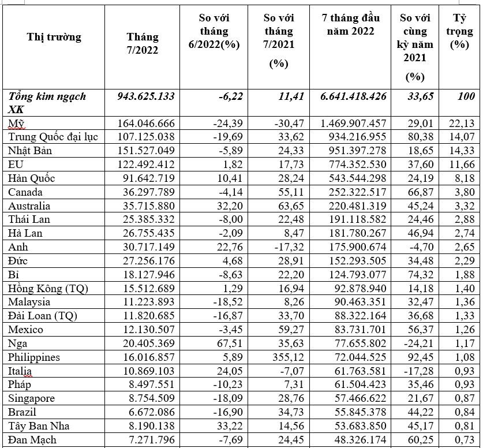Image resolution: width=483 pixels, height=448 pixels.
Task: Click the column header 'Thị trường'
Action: tap(54, 38)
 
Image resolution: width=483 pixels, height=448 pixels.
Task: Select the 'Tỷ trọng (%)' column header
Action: tap(459, 31)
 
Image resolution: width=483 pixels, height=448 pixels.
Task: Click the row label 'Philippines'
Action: tap(34, 357)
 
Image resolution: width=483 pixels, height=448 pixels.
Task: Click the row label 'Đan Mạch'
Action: tap(33, 440)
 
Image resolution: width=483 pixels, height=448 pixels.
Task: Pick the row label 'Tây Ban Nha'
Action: tap(37, 426)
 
